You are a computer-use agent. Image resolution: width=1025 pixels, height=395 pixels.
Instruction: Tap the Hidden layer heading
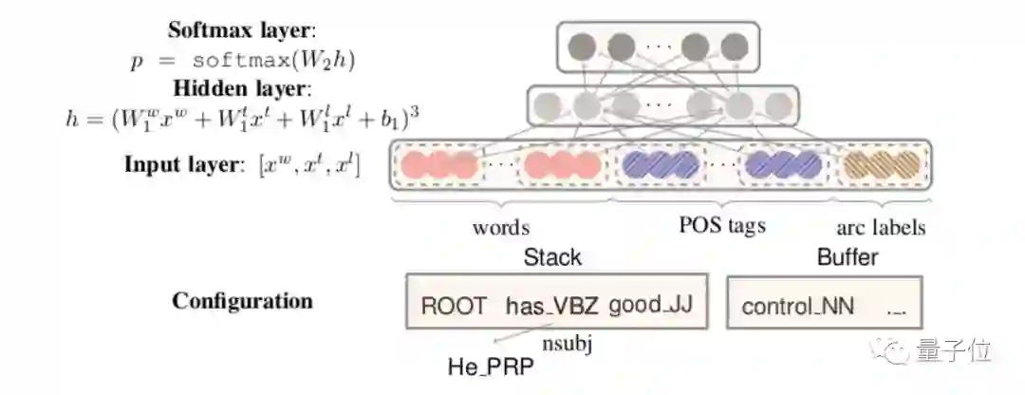pos(242,89)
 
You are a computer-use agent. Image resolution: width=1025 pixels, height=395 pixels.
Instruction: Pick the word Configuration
pos(242,301)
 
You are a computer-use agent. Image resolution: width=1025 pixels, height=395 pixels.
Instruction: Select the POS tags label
pos(722,225)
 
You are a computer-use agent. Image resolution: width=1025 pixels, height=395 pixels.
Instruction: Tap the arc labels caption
pos(880,228)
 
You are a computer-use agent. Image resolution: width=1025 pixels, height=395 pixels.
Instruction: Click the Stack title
pos(552,256)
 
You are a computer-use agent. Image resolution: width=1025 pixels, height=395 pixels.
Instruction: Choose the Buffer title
pos(848,256)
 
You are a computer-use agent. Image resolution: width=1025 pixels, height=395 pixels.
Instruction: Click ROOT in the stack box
pos(453,305)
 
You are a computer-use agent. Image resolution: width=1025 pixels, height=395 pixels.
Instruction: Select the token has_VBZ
pos(550,305)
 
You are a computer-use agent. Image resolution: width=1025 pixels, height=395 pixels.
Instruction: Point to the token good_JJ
pos(650,305)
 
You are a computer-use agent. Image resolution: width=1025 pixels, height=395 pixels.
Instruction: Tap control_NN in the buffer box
pos(797,306)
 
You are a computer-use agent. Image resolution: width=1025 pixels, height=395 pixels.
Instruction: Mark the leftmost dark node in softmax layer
pos(581,46)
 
